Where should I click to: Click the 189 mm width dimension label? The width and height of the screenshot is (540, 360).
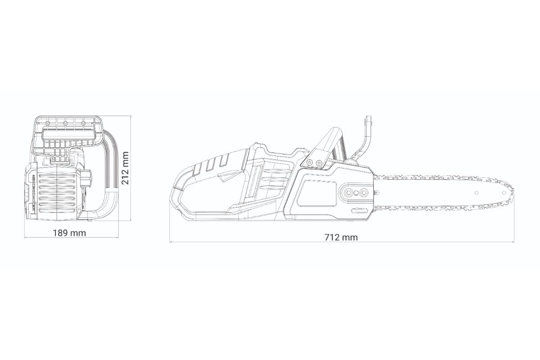(69, 233)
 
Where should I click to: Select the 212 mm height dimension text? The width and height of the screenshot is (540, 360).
(125, 168)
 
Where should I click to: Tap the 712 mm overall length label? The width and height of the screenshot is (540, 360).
(341, 237)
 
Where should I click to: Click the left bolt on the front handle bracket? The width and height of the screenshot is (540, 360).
(309, 163)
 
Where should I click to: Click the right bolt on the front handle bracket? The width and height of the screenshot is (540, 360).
(319, 163)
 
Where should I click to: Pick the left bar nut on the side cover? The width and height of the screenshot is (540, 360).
(348, 193)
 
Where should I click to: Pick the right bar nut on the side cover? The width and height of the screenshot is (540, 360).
(363, 193)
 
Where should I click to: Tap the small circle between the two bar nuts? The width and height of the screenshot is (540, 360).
(356, 193)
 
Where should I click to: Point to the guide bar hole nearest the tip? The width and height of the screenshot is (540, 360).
(504, 193)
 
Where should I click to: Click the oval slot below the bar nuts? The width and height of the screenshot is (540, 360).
(359, 211)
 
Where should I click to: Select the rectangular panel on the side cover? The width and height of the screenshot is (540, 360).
(316, 193)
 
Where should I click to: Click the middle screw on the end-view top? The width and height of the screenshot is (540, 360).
(65, 123)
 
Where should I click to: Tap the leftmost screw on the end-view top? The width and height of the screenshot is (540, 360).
(48, 123)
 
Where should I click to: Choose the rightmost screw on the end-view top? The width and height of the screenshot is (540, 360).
(83, 123)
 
